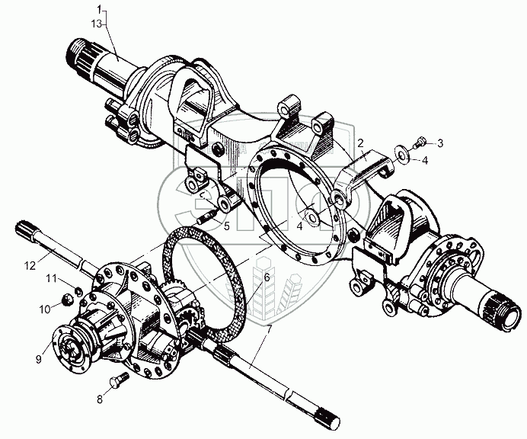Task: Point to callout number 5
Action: [x=226, y=226]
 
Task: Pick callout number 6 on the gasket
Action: [x=267, y=277]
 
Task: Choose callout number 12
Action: [x=29, y=265]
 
